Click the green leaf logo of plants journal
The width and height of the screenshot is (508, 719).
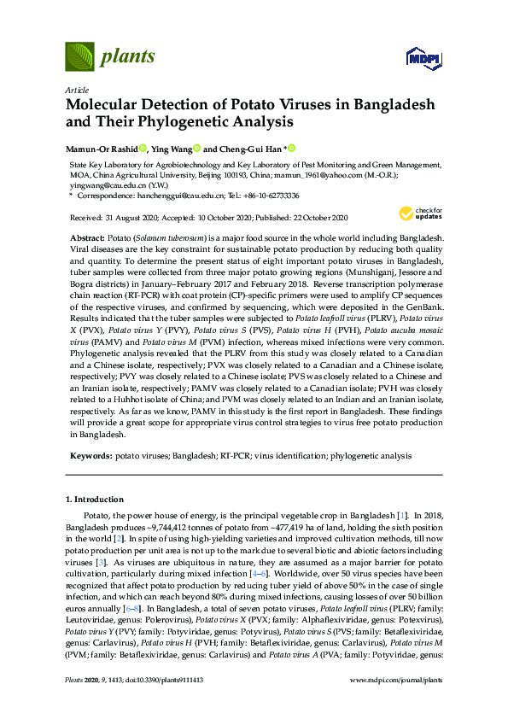click(79, 57)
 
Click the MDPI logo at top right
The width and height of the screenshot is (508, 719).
click(421, 58)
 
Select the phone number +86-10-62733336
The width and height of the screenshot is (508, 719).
click(268, 196)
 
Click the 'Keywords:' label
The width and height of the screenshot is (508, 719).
click(89, 457)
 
